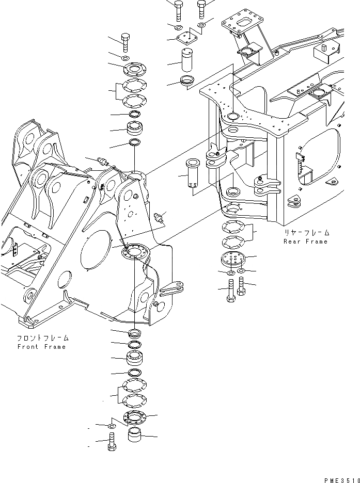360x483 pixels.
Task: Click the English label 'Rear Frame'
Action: pyautogui.click(x=305, y=242)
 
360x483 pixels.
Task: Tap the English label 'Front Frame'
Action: pyautogui.click(x=41, y=347)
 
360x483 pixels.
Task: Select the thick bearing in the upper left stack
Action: pyautogui.click(x=135, y=128)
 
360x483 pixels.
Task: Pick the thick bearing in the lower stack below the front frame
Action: pyautogui.click(x=134, y=358)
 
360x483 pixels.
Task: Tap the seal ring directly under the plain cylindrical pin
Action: pyautogui.click(x=186, y=81)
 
